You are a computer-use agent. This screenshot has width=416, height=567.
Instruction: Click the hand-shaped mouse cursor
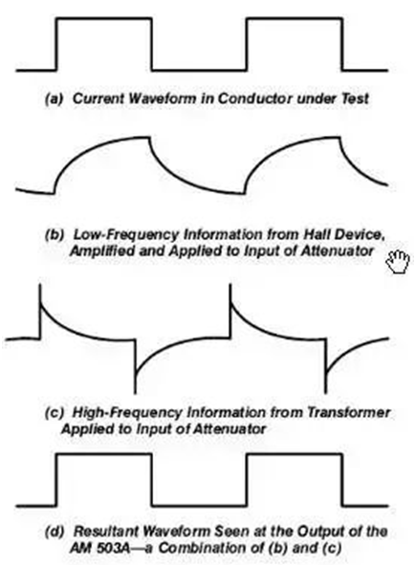pyautogui.click(x=398, y=261)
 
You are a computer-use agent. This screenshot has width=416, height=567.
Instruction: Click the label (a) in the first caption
pyautogui.click(x=54, y=98)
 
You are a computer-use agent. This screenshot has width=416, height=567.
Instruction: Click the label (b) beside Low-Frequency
pyautogui.click(x=54, y=234)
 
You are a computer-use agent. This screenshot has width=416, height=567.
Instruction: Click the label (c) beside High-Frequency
pyautogui.click(x=54, y=413)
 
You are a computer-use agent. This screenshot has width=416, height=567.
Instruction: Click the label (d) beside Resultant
pyautogui.click(x=54, y=532)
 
